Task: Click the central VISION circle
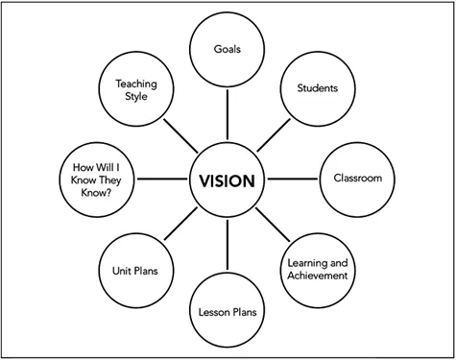tap(228, 180)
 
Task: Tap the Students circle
tap(316, 88)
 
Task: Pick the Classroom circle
tap(356, 179)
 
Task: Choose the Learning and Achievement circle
tap(316, 270)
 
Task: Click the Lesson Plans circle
tap(228, 312)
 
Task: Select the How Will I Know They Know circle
tap(95, 180)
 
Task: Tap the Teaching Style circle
tap(135, 88)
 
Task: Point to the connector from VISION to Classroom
tap(293, 180)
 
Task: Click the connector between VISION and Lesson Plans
tap(228, 246)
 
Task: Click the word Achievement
tap(316, 276)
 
